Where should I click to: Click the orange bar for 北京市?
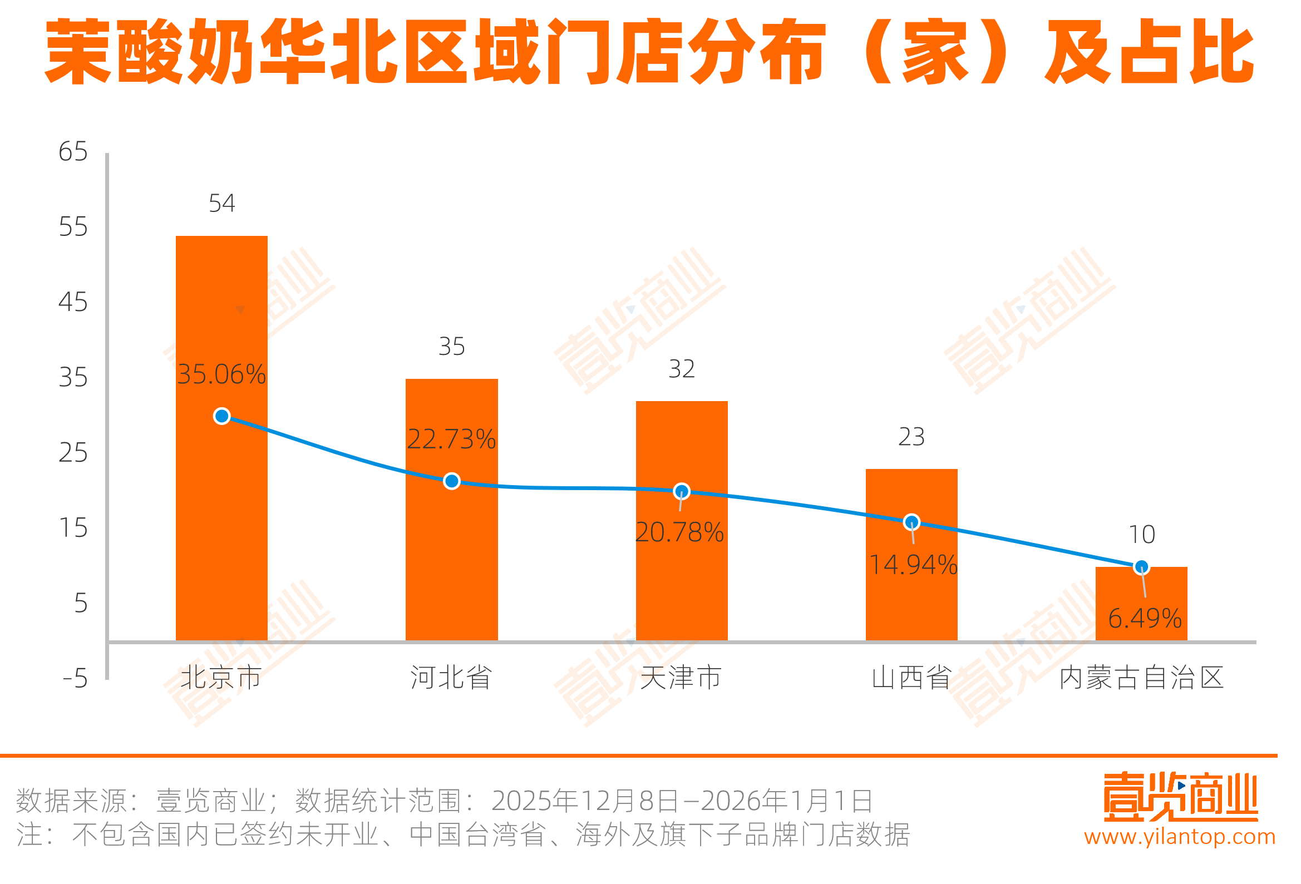click(221, 504)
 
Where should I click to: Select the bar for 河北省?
click(451, 560)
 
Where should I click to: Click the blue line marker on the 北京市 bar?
click(222, 417)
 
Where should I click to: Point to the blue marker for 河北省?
click(452, 481)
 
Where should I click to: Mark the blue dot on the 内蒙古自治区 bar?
click(1141, 567)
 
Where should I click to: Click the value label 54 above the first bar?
click(221, 203)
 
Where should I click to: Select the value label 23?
click(911, 437)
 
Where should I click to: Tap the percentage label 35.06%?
click(221, 374)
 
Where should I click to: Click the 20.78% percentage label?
click(679, 532)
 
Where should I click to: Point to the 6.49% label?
click(1145, 619)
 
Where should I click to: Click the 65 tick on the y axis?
click(73, 152)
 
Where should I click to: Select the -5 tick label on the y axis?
click(75, 679)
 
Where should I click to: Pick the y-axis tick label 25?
click(73, 453)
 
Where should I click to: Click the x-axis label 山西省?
click(911, 678)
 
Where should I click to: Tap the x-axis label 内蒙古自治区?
click(1141, 678)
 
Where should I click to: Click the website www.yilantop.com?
click(1180, 836)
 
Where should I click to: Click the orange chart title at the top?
click(649, 52)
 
